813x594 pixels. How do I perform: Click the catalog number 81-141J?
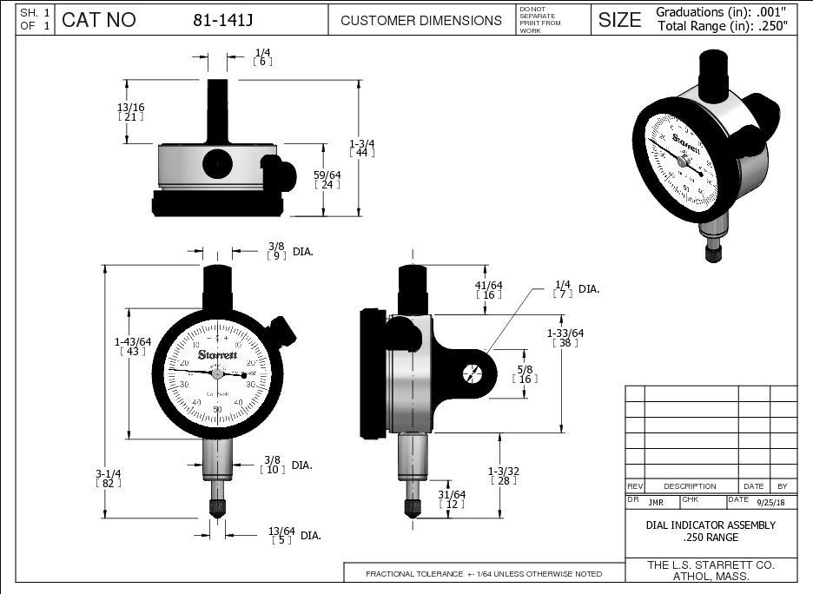click(222, 20)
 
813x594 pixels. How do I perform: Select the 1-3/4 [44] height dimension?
click(361, 148)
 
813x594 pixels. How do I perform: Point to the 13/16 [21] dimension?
click(130, 111)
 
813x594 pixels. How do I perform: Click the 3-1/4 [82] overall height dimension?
click(109, 478)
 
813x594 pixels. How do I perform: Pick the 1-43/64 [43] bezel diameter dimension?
click(133, 346)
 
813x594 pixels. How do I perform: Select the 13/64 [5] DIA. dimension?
click(282, 535)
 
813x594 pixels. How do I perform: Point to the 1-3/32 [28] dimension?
click(503, 475)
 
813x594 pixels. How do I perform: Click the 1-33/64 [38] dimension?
click(565, 337)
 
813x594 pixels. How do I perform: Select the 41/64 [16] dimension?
click(489, 289)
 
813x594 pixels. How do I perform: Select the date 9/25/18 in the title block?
click(770, 502)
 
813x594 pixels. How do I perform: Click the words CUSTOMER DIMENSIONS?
click(421, 20)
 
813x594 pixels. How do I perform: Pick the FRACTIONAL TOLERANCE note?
click(484, 574)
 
